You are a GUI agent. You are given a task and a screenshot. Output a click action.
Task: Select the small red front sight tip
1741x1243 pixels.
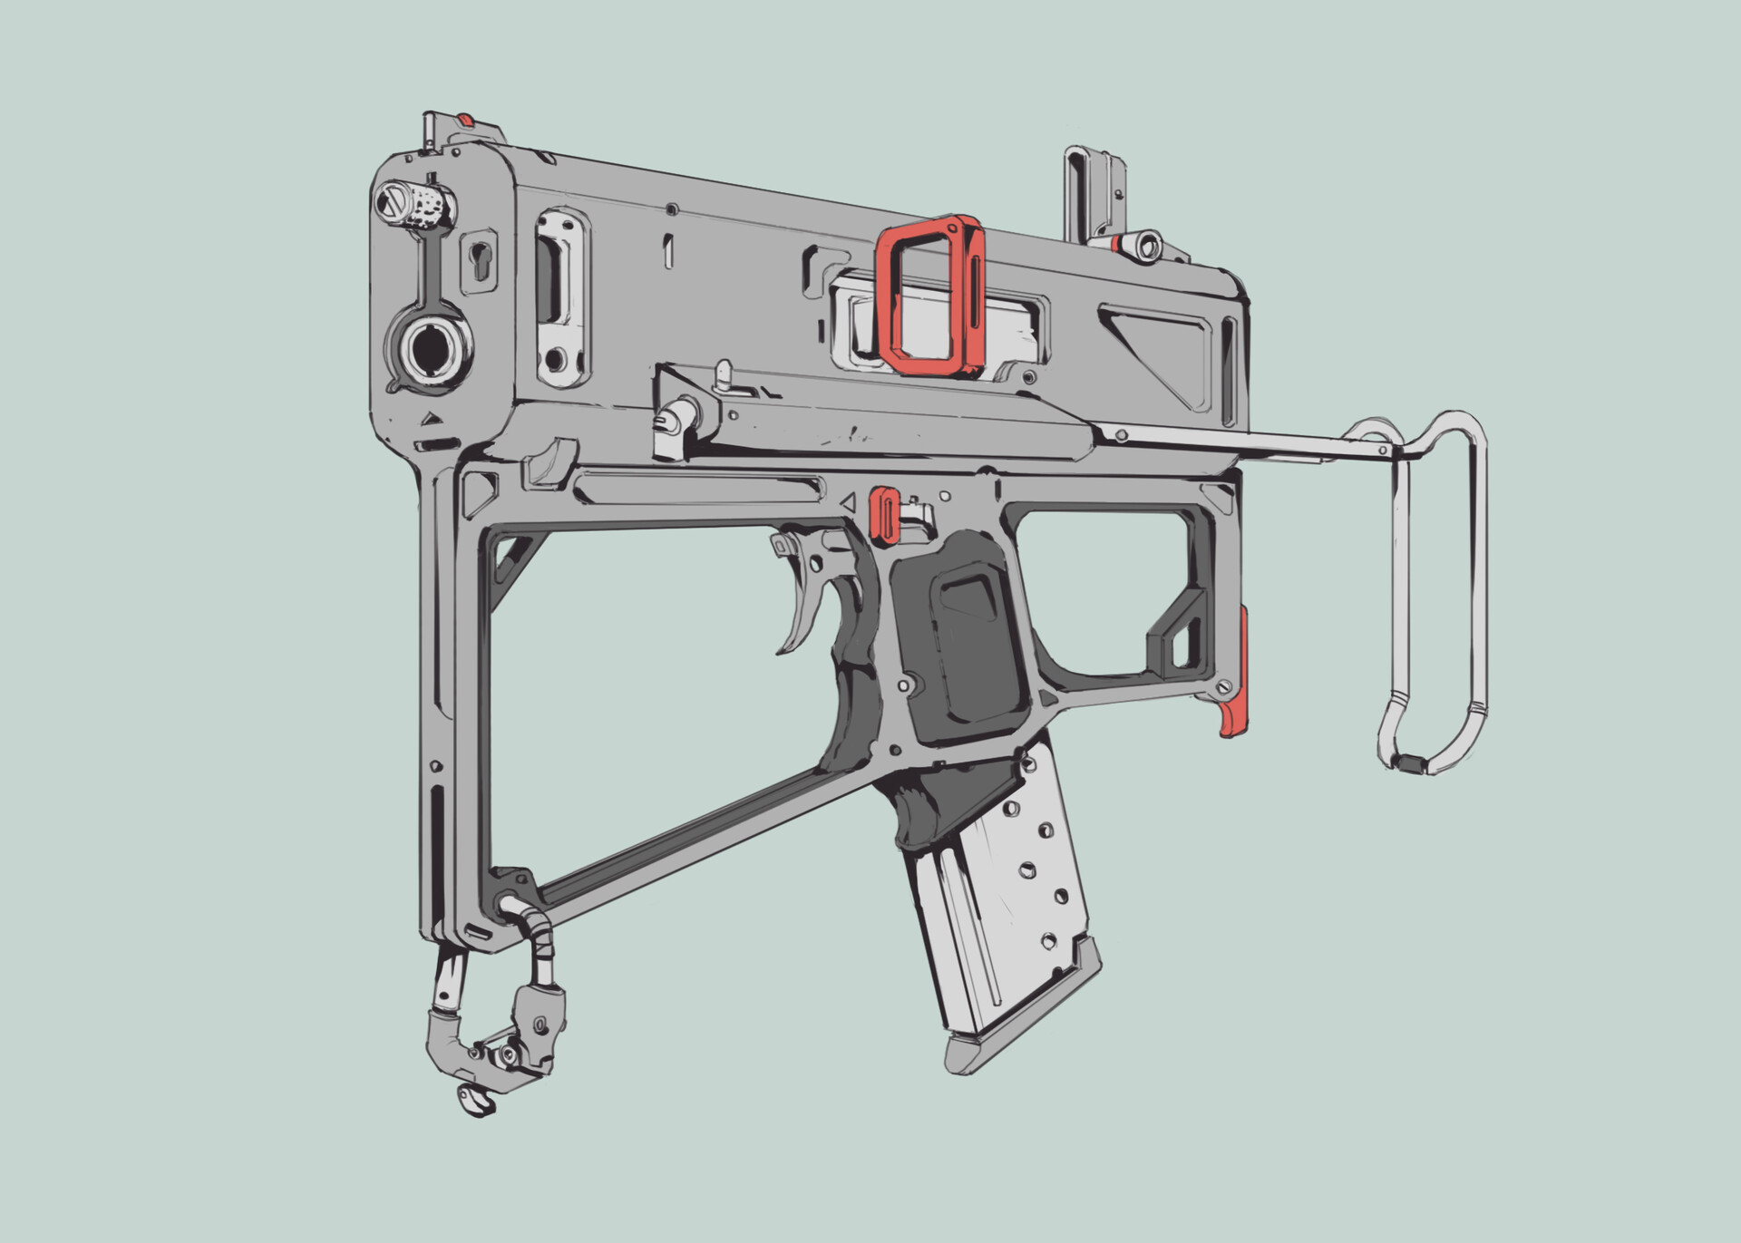465,119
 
